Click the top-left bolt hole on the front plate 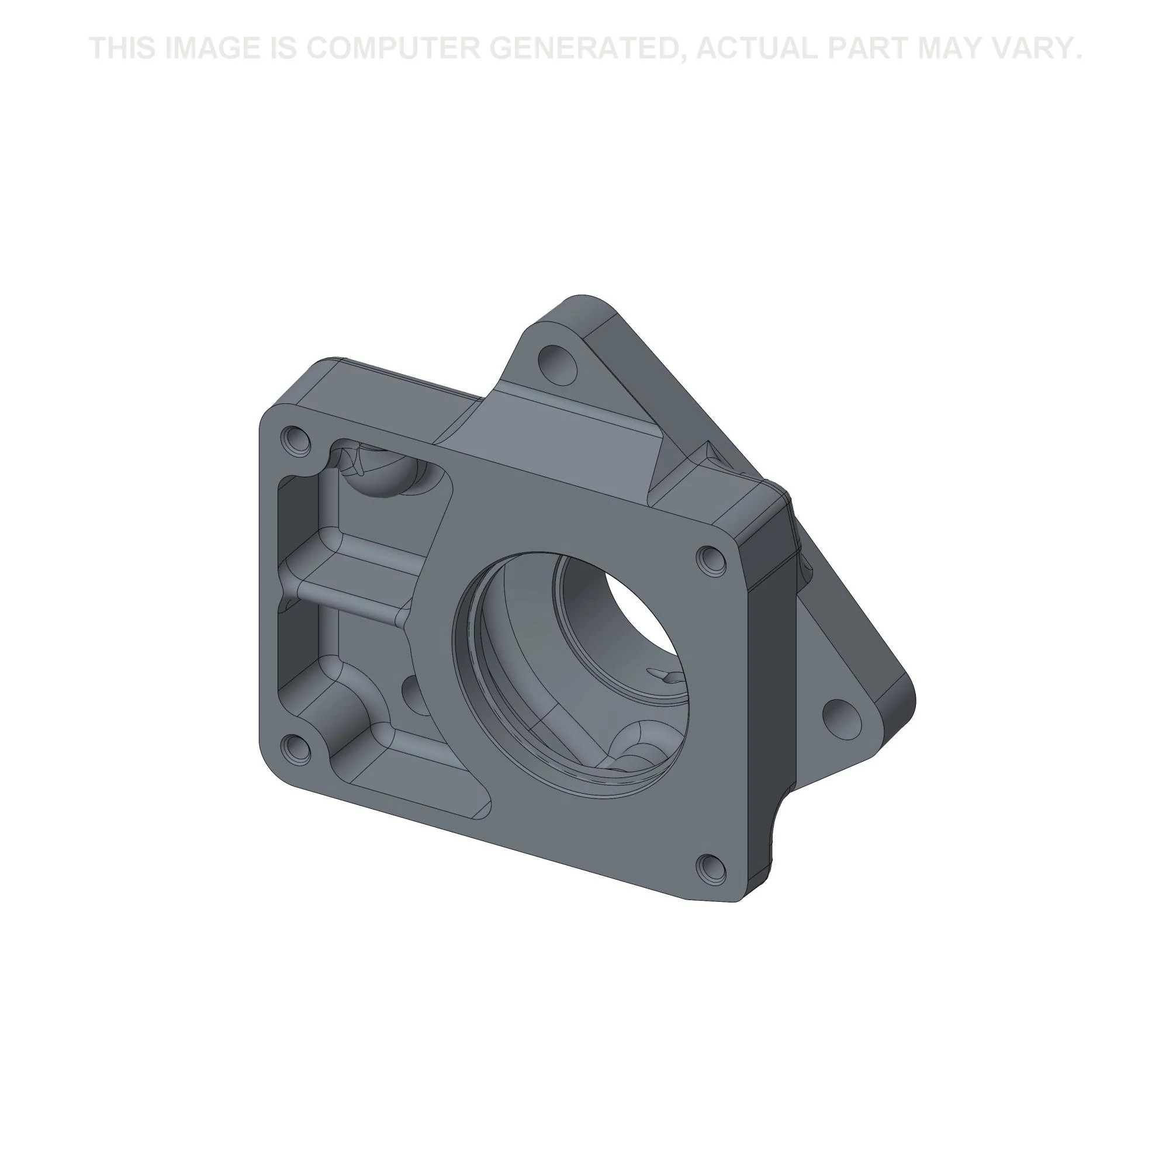(295, 440)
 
